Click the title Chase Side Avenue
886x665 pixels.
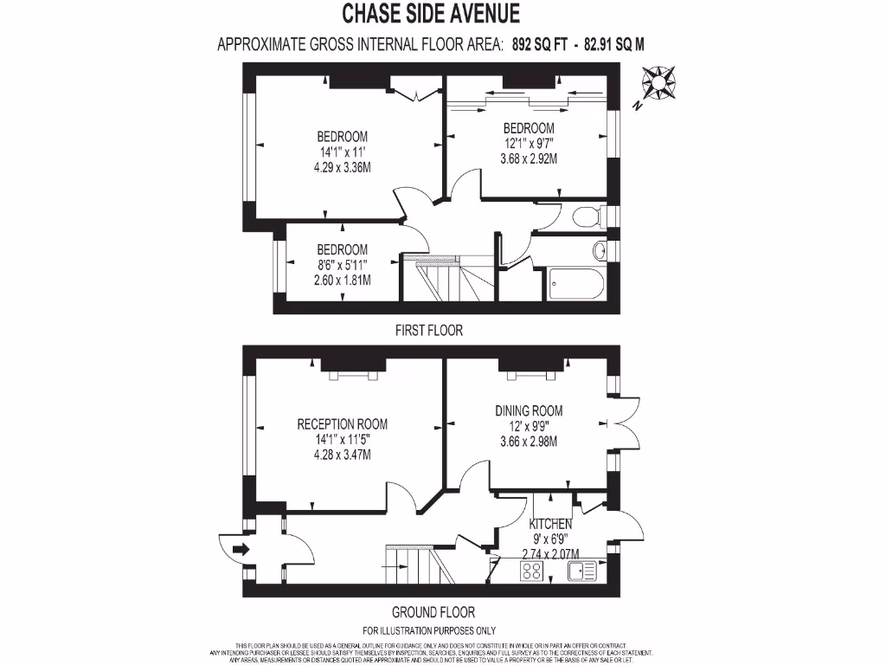[431, 14]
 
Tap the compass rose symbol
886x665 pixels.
[662, 82]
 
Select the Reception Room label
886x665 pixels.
[342, 424]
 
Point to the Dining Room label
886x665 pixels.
[528, 410]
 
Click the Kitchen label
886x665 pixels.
[550, 525]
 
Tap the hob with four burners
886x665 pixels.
[532, 571]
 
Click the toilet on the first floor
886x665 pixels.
[589, 216]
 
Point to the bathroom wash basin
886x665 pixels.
[599, 251]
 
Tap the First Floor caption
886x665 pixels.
[430, 330]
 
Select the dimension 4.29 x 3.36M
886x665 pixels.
[342, 167]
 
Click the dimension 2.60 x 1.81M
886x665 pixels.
[342, 280]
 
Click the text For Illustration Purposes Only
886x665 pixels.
[430, 630]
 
